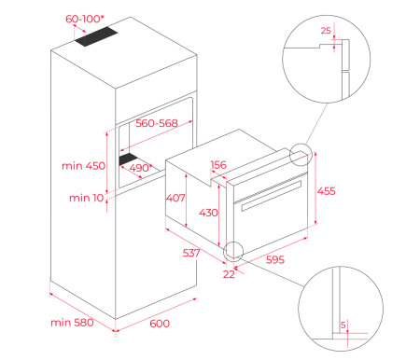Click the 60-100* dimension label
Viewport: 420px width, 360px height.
[x=83, y=19]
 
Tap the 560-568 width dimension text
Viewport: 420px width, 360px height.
[x=157, y=123]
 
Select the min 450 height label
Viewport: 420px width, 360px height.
[x=83, y=166]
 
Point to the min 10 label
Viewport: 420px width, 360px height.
[x=87, y=198]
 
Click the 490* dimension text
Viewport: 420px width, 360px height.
[x=141, y=168]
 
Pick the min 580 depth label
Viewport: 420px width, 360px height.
[x=72, y=323]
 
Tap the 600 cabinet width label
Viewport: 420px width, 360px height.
[x=160, y=324]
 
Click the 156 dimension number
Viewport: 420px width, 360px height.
[x=218, y=165]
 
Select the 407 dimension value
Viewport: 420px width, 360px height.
[x=175, y=198]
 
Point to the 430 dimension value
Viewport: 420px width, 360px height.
[x=208, y=213]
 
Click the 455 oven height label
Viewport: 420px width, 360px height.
[x=327, y=191]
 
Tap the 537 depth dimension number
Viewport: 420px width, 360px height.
[x=191, y=253]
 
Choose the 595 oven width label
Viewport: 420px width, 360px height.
[x=275, y=259]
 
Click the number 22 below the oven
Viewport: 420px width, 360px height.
[x=229, y=274]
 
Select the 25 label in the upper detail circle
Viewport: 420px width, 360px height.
[x=326, y=31]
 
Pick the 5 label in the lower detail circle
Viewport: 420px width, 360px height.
[x=343, y=325]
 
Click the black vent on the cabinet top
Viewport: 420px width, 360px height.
[x=96, y=36]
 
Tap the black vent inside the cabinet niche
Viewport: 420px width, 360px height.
[x=128, y=159]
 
